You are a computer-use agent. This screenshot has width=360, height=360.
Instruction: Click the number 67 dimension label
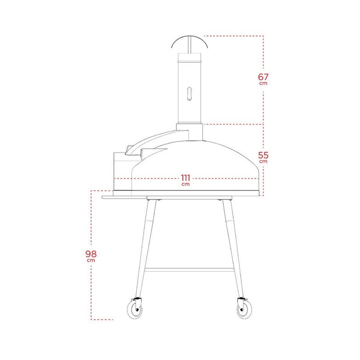coord(263,77)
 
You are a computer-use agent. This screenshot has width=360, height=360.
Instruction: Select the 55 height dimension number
coord(263,155)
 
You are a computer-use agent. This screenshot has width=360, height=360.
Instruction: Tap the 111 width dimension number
coord(186,178)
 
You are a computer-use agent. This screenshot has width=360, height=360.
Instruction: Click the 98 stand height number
coord(90,253)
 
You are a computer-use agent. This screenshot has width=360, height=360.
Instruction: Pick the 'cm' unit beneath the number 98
coord(90,260)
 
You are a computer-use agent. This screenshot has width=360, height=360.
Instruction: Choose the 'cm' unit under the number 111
coord(186,184)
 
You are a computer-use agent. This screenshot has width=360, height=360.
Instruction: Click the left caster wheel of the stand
coord(135,310)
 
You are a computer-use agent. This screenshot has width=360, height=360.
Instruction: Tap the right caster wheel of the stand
coord(243,310)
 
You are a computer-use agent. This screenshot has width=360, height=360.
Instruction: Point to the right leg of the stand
coord(232,248)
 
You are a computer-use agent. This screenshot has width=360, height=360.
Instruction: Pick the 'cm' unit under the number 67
coord(263,84)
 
